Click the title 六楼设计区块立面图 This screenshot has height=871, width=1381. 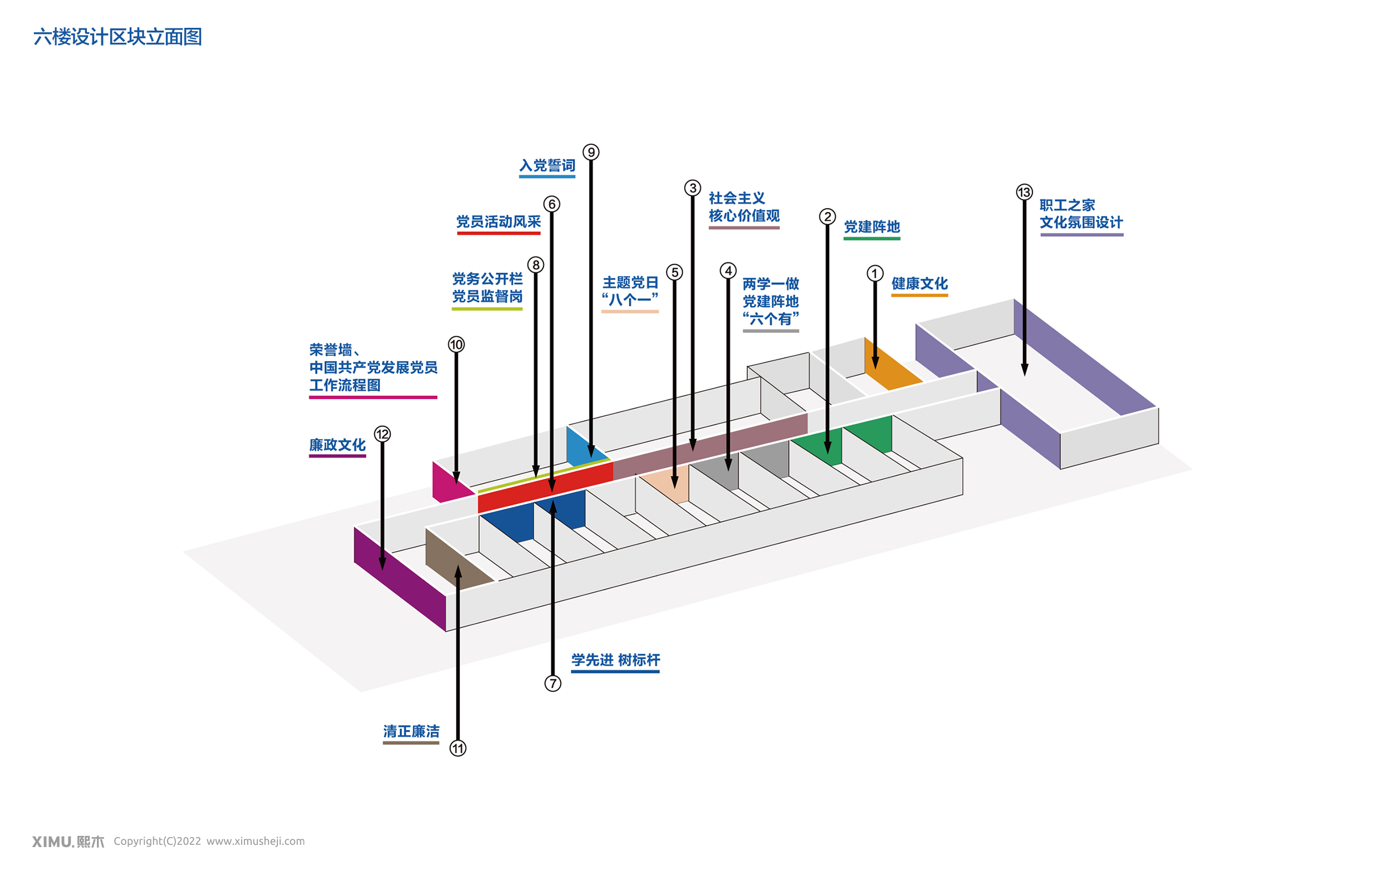(x=117, y=37)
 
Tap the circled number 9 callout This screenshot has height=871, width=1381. (x=591, y=152)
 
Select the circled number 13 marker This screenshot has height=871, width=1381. (x=1024, y=192)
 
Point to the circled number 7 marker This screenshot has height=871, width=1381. (x=553, y=683)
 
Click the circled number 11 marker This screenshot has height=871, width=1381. (x=458, y=749)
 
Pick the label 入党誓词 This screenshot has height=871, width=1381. (x=547, y=166)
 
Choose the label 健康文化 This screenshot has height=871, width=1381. (x=919, y=284)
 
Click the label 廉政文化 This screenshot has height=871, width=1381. (x=337, y=445)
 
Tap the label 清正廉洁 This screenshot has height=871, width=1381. (x=411, y=731)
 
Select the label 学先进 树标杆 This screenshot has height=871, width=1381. (x=615, y=660)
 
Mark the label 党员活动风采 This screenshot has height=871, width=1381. (x=498, y=222)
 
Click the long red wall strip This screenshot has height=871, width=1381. (x=545, y=487)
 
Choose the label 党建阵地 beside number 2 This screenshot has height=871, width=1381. (x=871, y=227)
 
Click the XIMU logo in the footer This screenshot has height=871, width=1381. (x=68, y=841)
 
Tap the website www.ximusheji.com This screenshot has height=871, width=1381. (x=256, y=841)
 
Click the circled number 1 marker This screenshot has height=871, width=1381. (x=875, y=273)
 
